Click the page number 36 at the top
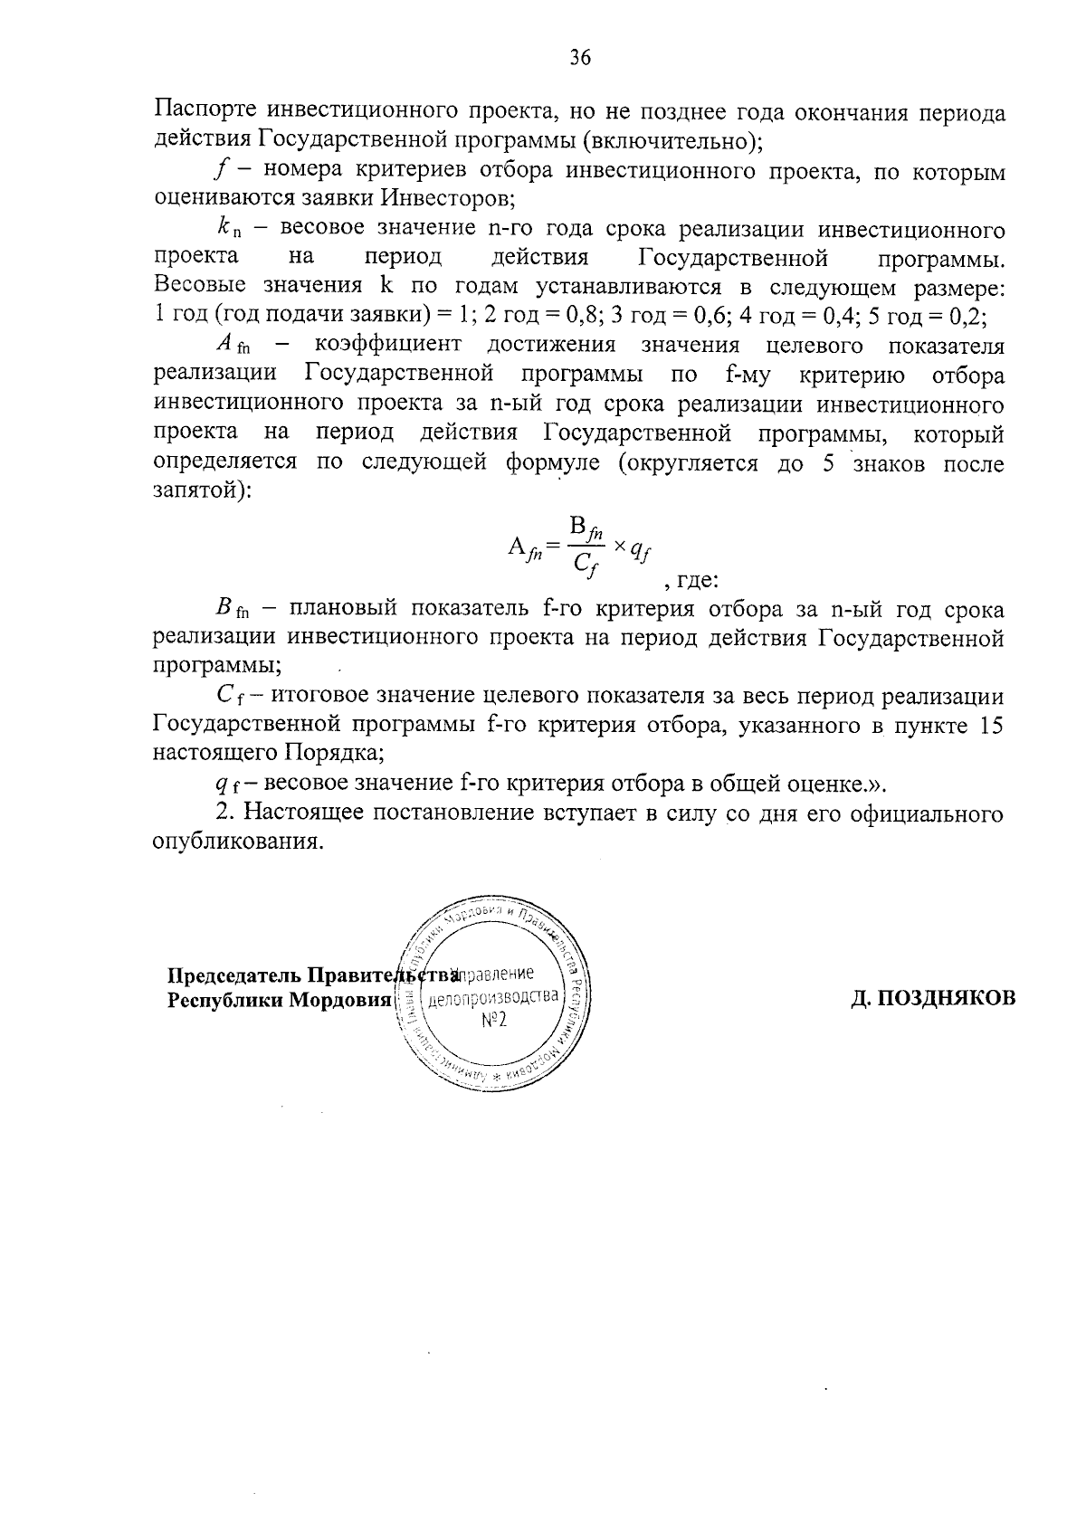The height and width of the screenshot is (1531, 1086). pos(579,59)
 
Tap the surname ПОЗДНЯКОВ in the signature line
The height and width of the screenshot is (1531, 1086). pos(933,997)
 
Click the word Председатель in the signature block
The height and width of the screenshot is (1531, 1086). pos(234,976)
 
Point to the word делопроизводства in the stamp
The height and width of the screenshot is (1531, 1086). pos(493,998)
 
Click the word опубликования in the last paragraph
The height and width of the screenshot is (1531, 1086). pos(237,842)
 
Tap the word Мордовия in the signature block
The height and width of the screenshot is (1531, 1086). pos(338,1001)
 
